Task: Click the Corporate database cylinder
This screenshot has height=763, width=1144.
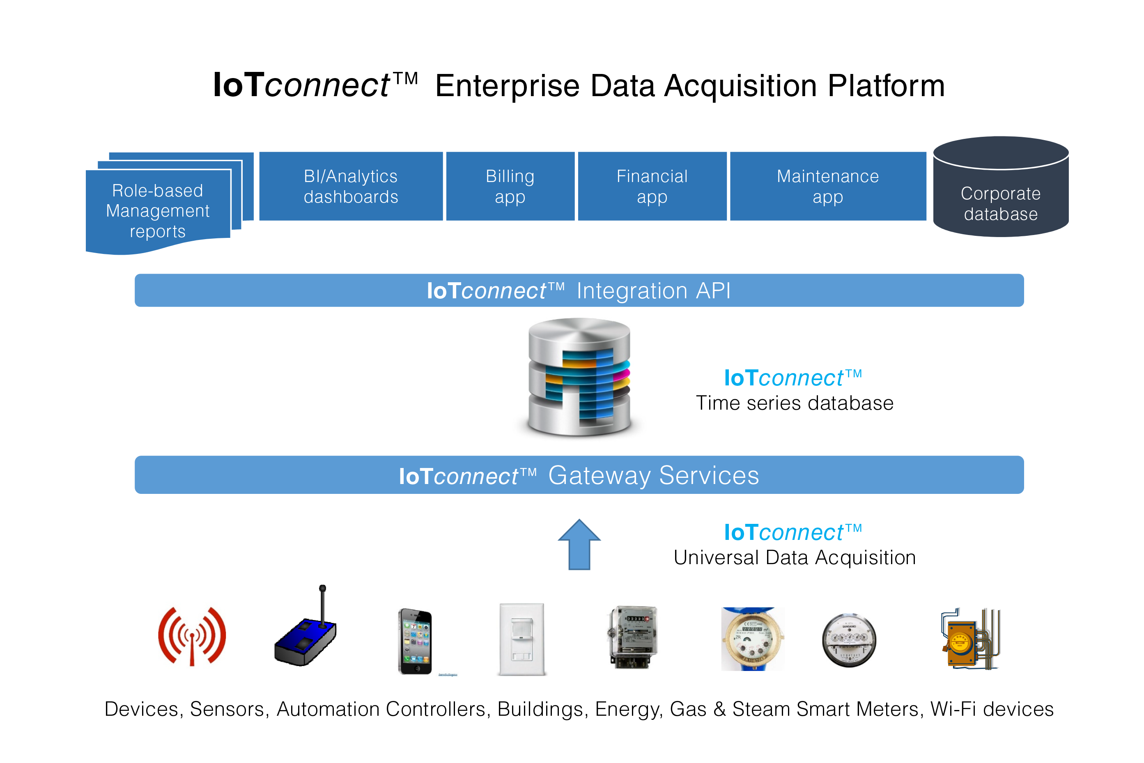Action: (1000, 195)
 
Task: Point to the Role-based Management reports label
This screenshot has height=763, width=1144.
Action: (158, 211)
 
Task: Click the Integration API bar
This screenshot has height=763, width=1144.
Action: (579, 290)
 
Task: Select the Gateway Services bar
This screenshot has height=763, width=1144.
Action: (579, 475)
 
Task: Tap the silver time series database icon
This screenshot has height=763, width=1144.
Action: (579, 377)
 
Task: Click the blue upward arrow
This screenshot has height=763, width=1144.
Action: (579, 545)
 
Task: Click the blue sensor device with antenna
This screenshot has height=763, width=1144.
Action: (306, 633)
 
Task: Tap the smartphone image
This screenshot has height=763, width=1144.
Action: (415, 641)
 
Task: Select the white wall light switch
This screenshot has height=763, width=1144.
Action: (521, 639)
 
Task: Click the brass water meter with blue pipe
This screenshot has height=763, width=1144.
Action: (751, 639)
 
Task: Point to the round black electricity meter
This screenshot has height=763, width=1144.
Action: (848, 640)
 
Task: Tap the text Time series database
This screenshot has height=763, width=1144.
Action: (795, 403)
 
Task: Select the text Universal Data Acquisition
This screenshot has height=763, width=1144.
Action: (795, 558)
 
